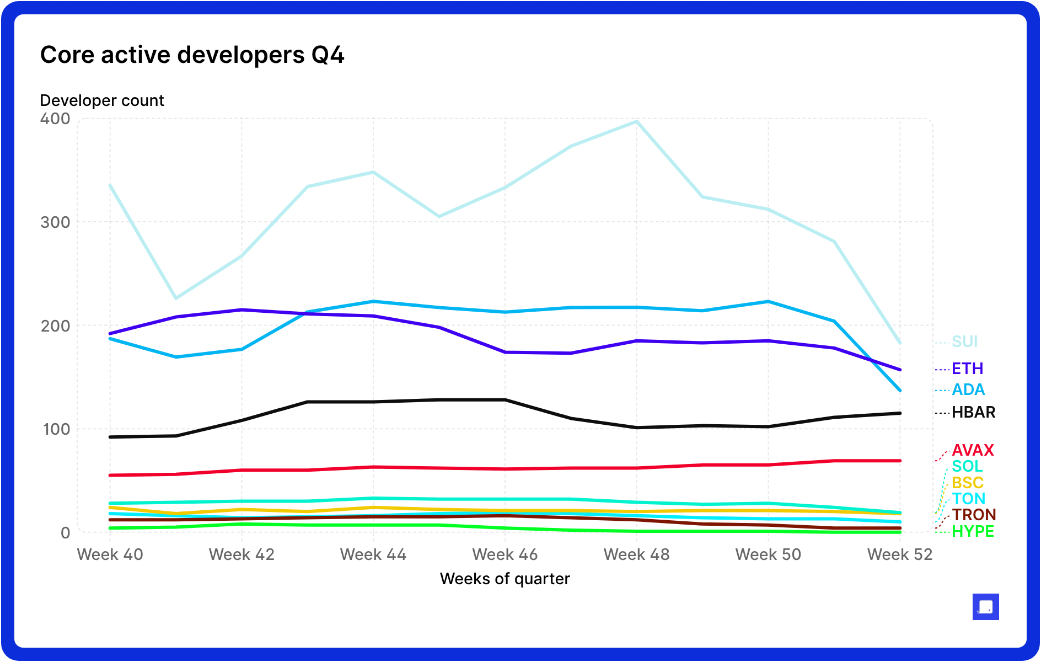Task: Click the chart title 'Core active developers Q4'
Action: [192, 55]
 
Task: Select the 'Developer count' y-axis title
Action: [102, 100]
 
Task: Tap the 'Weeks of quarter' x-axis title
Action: [505, 579]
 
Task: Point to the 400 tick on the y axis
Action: [55, 119]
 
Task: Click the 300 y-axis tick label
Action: [55, 222]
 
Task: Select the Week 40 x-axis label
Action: [110, 554]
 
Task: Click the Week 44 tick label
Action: [373, 554]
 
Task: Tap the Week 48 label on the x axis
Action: [636, 554]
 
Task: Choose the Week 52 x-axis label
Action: [900, 554]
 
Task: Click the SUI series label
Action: [964, 341]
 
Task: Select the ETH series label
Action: [967, 369]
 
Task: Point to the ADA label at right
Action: [968, 389]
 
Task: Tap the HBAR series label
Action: [973, 412]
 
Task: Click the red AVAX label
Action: [973, 450]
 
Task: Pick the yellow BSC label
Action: [968, 483]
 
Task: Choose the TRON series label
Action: [974, 515]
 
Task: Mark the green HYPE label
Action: [973, 531]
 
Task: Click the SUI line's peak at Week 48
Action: [637, 121]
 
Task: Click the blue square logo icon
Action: [985, 607]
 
